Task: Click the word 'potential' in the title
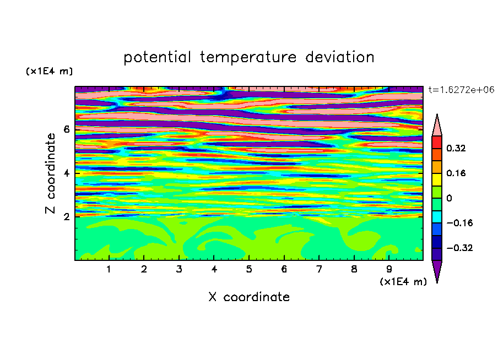point(157,57)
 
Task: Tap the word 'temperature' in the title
point(248,57)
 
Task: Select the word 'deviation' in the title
point(340,57)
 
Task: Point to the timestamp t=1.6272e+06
point(461,90)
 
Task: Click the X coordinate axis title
point(249,297)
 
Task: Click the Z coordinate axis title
point(50,173)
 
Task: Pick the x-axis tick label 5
point(249,269)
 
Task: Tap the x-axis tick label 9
point(389,269)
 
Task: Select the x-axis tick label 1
point(109,269)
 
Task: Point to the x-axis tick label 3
point(179,269)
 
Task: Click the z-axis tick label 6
point(66,129)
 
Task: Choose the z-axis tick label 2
point(66,217)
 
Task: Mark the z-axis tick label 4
point(66,173)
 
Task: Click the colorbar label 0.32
point(456,148)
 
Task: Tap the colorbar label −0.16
point(459,223)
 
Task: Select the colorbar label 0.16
point(456,173)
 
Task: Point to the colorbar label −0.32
point(459,248)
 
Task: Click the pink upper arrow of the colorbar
point(437,127)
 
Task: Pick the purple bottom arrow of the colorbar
point(437,270)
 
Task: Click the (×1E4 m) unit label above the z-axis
point(49,71)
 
